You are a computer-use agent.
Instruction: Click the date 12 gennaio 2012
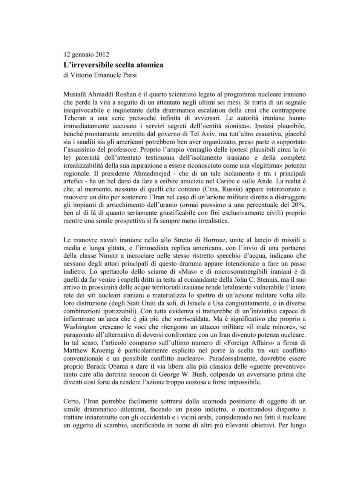[86, 54]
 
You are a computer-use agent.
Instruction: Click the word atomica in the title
[149, 65]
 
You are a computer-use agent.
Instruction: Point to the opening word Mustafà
[75, 94]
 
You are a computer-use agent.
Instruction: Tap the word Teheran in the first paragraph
[75, 118]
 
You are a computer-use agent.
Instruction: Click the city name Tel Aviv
[204, 134]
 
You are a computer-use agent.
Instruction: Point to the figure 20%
[298, 205]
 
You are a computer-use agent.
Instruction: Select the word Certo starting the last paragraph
[71, 401]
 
